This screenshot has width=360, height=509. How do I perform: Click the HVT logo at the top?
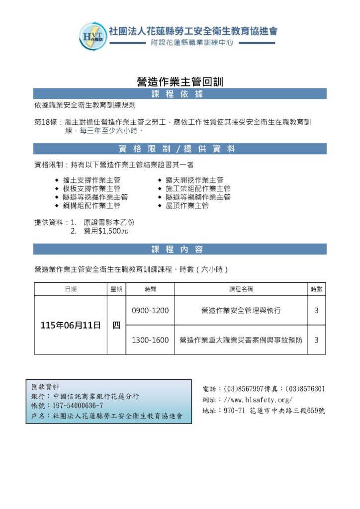point(93,35)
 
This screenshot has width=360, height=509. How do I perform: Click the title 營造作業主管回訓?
point(180,82)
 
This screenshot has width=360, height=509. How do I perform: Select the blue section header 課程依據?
point(180,94)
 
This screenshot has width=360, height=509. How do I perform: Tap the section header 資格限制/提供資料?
point(180,149)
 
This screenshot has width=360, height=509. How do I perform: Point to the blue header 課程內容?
point(180,249)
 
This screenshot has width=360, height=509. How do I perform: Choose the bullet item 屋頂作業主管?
point(187,205)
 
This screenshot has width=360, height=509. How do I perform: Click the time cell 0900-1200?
point(150,311)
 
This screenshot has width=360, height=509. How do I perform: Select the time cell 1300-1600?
point(150,340)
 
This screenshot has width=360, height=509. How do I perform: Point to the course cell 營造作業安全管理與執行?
point(241,311)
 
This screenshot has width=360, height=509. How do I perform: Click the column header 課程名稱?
point(241,289)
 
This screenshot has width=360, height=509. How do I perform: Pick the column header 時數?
point(316,289)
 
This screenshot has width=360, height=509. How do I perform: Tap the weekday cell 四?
point(116,325)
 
